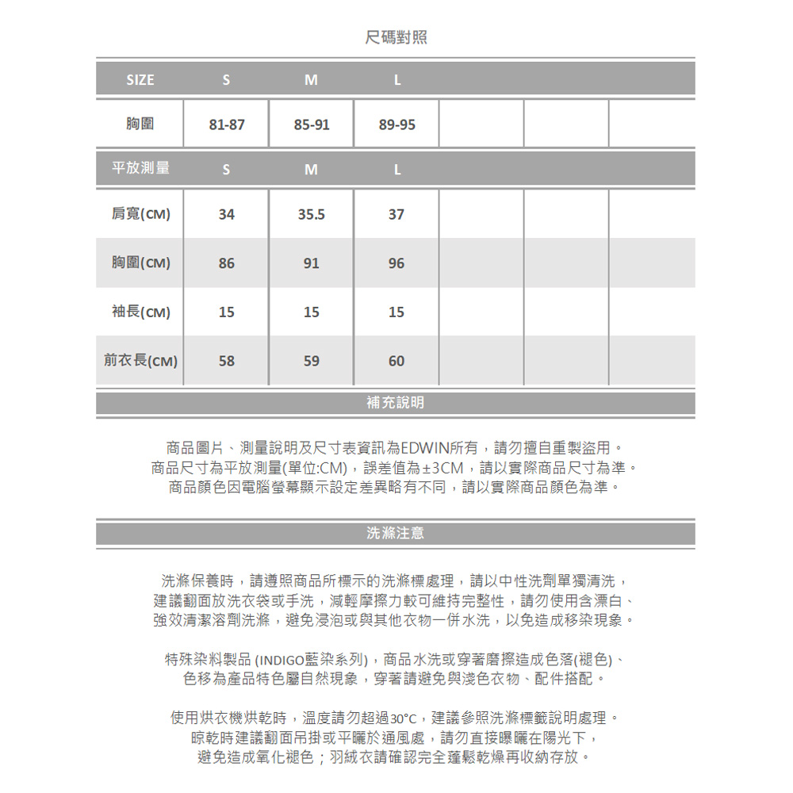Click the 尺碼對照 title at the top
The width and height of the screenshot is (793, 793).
click(396, 37)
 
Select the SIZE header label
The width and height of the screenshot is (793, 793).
click(140, 79)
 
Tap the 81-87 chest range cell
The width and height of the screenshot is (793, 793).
click(227, 125)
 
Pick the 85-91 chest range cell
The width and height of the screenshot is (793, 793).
click(312, 125)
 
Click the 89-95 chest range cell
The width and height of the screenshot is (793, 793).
click(396, 125)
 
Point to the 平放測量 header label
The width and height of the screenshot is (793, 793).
click(140, 168)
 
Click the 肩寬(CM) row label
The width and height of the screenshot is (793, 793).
click(140, 214)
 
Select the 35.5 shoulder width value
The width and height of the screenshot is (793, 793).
click(312, 214)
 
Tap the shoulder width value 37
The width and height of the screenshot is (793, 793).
click(396, 214)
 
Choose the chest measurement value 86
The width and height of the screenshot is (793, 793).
click(227, 263)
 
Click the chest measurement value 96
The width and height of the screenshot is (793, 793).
click(396, 263)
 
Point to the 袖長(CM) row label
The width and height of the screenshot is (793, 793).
click(140, 312)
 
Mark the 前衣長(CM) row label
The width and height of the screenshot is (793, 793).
click(140, 361)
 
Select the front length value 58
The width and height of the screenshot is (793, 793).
click(227, 361)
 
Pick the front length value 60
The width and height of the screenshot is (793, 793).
click(396, 361)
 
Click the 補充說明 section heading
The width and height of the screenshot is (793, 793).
click(396, 403)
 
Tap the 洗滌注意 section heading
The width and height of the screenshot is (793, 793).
click(396, 534)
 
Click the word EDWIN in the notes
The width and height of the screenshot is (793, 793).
click(425, 446)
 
